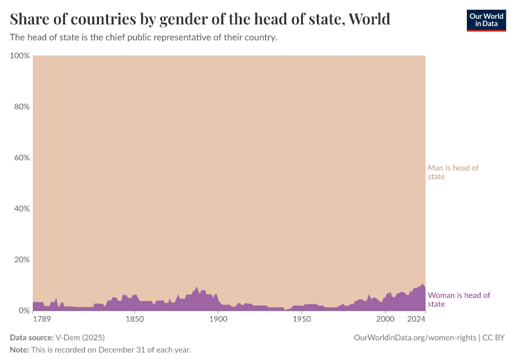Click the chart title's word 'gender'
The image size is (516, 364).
tap(180, 19)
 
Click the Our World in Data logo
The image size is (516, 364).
tap(486, 20)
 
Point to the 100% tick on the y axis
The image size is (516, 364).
tap(20, 56)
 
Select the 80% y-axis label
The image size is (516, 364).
tap(22, 107)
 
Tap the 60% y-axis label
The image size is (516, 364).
tap(22, 158)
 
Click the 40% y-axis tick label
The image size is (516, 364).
tap(22, 209)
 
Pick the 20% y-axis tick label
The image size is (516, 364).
tap(22, 260)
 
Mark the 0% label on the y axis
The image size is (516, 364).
tap(24, 311)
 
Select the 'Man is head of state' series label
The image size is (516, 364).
tap(453, 172)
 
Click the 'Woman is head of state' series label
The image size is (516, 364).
tap(459, 300)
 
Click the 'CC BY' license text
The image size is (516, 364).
tap(494, 337)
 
